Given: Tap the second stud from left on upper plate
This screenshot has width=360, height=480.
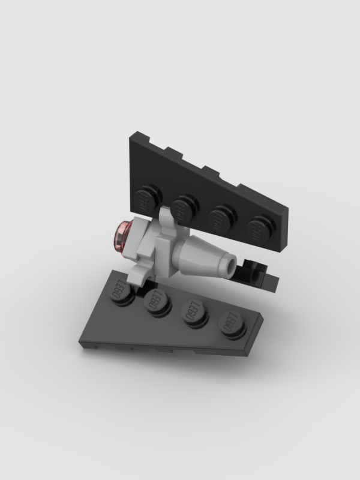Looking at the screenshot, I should coord(185,207).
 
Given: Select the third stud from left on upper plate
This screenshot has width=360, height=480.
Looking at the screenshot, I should coord(223,217).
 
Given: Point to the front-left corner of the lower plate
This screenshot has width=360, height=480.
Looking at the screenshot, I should coord(82,343).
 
